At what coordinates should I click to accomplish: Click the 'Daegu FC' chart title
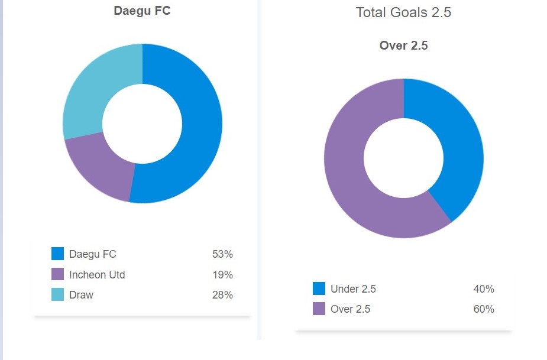pyautogui.click(x=142, y=11)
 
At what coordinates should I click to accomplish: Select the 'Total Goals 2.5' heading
pyautogui.click(x=403, y=12)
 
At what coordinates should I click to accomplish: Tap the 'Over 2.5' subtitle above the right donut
pyautogui.click(x=403, y=46)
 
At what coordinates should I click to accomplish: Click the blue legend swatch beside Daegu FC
pyautogui.click(x=57, y=254)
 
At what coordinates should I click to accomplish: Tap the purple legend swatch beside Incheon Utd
pyautogui.click(x=57, y=274)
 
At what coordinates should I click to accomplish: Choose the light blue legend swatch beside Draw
pyautogui.click(x=57, y=294)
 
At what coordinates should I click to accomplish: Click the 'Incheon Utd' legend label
pyautogui.click(x=97, y=274)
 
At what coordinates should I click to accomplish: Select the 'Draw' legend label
pyautogui.click(x=81, y=294)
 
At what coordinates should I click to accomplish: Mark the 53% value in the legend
pyautogui.click(x=222, y=254)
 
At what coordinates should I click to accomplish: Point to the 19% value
pyautogui.click(x=222, y=274)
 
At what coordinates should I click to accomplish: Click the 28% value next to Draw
pyautogui.click(x=222, y=294)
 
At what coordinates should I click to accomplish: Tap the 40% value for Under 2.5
pyautogui.click(x=484, y=288)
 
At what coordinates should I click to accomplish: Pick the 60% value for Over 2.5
pyautogui.click(x=484, y=309)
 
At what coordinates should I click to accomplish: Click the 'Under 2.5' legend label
pyautogui.click(x=353, y=288)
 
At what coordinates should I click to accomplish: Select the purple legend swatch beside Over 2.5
pyautogui.click(x=319, y=309)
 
